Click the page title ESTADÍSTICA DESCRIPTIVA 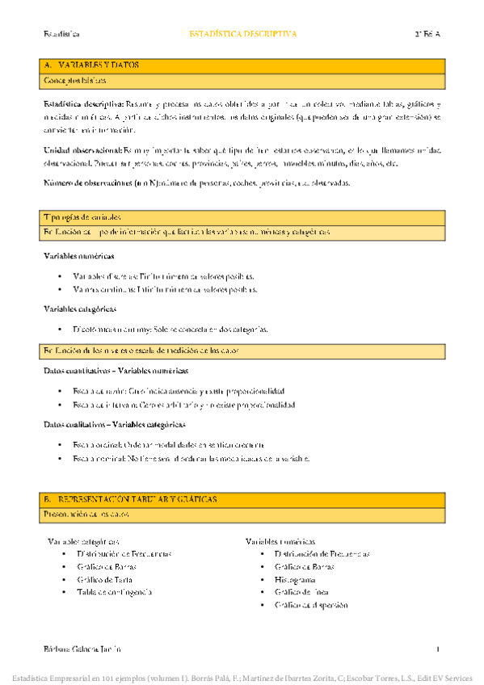coord(242,35)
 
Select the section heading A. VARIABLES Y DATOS coord(91,65)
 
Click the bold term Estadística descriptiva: coord(83,105)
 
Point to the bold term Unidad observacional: coord(81,149)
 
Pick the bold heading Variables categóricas coord(80,309)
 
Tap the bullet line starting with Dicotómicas coord(170,330)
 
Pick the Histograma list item coord(295,579)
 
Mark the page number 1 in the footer coord(437,649)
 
